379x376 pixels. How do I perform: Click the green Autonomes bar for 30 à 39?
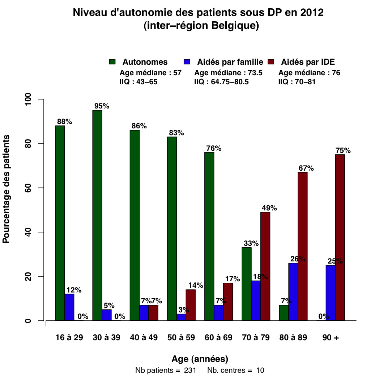97,215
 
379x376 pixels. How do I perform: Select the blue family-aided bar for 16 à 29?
69,307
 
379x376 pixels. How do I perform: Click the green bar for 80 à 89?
284,313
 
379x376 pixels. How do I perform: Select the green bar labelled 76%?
209,236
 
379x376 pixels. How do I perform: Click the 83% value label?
176,133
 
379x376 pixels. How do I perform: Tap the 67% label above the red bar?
306,168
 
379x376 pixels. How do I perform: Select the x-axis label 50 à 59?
181,338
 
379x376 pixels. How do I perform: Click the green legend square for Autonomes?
112,62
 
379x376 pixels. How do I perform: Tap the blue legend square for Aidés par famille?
187,62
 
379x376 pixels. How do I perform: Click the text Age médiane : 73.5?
229,73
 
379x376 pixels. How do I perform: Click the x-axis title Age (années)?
200,359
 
